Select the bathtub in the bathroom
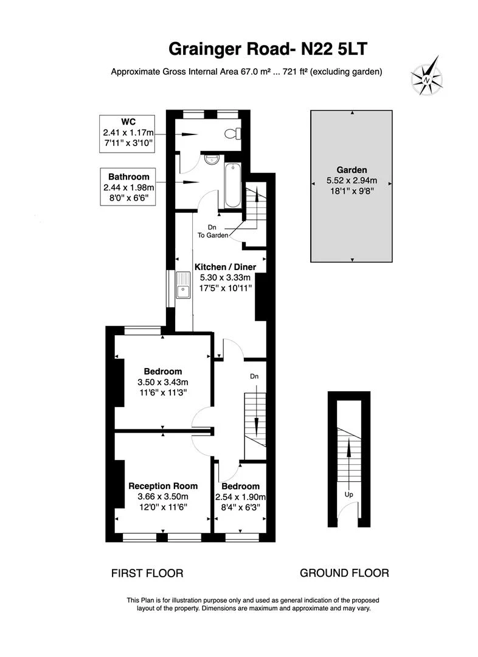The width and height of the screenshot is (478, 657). (232, 185)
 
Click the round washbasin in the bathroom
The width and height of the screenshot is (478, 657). (211, 160)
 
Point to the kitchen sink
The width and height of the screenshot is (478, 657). (183, 285)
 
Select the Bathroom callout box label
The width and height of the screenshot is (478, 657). (128, 177)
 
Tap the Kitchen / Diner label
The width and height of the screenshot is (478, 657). (225, 266)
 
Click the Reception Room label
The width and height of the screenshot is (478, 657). (162, 485)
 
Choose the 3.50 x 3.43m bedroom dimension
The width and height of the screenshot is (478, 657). (163, 382)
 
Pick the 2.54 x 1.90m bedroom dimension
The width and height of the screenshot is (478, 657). (240, 497)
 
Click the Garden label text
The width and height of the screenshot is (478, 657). (352, 170)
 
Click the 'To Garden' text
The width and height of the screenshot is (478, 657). (216, 235)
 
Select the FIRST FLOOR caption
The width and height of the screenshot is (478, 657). (147, 573)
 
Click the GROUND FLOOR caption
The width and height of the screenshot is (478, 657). (344, 573)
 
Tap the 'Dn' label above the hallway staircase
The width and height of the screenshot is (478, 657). (254, 377)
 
